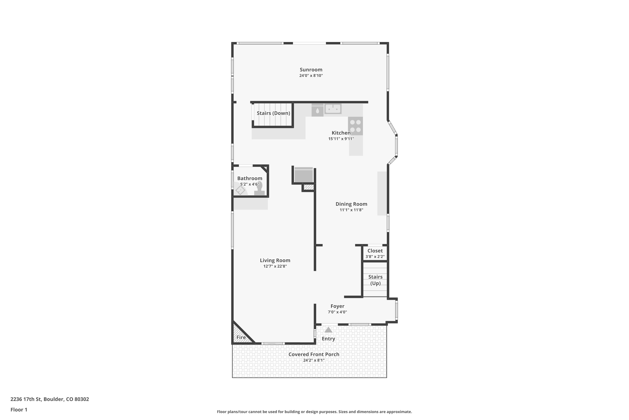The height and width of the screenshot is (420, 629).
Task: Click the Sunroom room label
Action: (x=311, y=70)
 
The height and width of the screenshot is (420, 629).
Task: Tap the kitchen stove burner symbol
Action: (x=355, y=126)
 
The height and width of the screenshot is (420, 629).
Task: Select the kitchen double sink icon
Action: (x=333, y=109)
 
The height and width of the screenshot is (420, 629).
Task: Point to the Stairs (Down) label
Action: (x=273, y=113)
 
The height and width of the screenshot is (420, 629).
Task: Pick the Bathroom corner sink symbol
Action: (x=240, y=190)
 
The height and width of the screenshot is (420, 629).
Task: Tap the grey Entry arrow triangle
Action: (x=328, y=330)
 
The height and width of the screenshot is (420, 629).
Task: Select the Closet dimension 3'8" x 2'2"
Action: (x=375, y=257)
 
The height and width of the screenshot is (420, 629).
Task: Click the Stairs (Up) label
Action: (x=375, y=280)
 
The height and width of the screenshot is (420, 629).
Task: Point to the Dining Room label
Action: (x=351, y=204)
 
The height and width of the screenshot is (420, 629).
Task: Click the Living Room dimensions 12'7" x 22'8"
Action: (x=275, y=266)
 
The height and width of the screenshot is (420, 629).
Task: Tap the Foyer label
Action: (x=337, y=306)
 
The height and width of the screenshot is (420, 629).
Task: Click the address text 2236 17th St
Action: (x=49, y=399)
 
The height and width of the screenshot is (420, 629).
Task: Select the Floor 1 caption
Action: (x=19, y=409)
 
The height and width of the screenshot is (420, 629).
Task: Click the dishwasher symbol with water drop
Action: (x=317, y=110)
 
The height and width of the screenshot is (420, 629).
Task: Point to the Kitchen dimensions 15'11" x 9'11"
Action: (x=341, y=139)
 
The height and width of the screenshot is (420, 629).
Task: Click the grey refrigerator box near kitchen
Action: (x=304, y=175)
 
